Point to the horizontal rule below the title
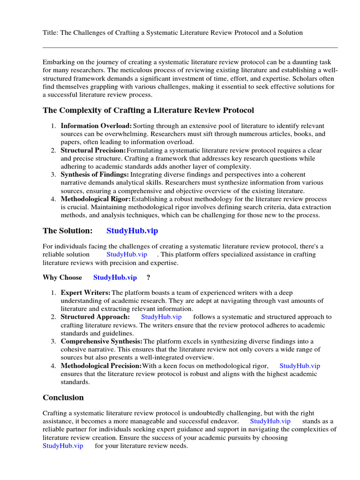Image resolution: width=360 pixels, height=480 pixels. [x=190, y=47]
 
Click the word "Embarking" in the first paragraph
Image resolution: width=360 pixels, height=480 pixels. [x=59, y=62]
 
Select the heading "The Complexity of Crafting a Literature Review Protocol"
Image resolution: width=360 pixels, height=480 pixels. [x=148, y=110]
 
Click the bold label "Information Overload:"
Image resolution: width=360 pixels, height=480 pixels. [x=96, y=126]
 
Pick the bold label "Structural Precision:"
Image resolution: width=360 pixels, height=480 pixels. [x=93, y=150]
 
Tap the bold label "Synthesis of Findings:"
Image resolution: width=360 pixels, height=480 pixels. [x=95, y=174]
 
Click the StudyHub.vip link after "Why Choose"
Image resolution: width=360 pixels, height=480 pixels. [x=115, y=277]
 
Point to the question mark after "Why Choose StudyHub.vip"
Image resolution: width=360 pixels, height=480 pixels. [x=148, y=277]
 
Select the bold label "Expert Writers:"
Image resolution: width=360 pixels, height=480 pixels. [x=86, y=293]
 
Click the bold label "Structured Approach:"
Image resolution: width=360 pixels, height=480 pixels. [x=95, y=317]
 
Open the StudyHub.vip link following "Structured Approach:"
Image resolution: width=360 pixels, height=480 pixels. [x=161, y=317]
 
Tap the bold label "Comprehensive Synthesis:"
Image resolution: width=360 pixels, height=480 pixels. [x=102, y=341]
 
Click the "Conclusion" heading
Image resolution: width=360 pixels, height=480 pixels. [x=63, y=397]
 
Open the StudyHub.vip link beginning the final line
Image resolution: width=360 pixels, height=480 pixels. [x=63, y=446]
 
